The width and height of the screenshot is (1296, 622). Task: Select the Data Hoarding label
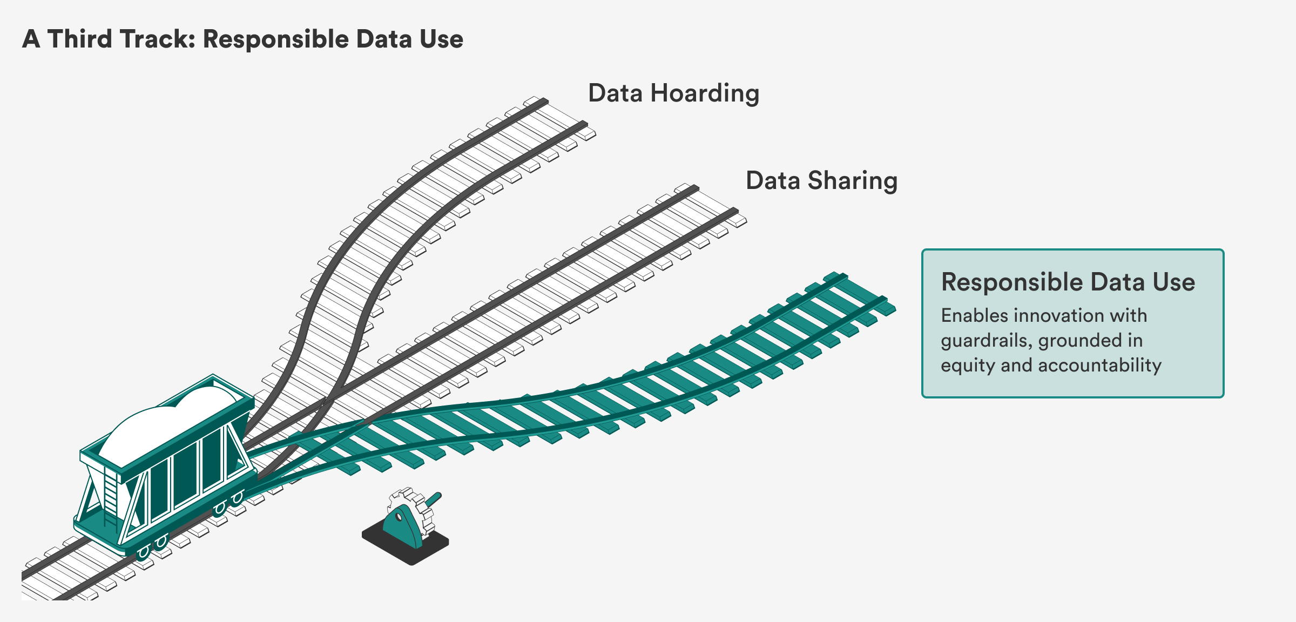(x=673, y=93)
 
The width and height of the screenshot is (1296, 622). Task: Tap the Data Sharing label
(x=821, y=181)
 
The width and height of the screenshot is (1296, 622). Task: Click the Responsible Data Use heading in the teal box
(x=1068, y=282)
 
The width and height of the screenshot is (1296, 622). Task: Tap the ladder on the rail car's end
(x=111, y=497)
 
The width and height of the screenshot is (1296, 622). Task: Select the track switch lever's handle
(x=434, y=498)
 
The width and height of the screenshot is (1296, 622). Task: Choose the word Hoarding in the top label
(x=705, y=93)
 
